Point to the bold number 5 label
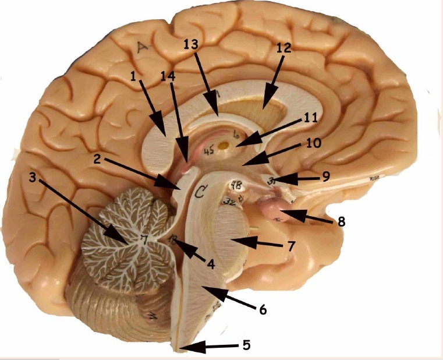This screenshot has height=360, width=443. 246,345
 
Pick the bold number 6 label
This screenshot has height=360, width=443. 263,310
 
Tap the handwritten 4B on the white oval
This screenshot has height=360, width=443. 238,187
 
